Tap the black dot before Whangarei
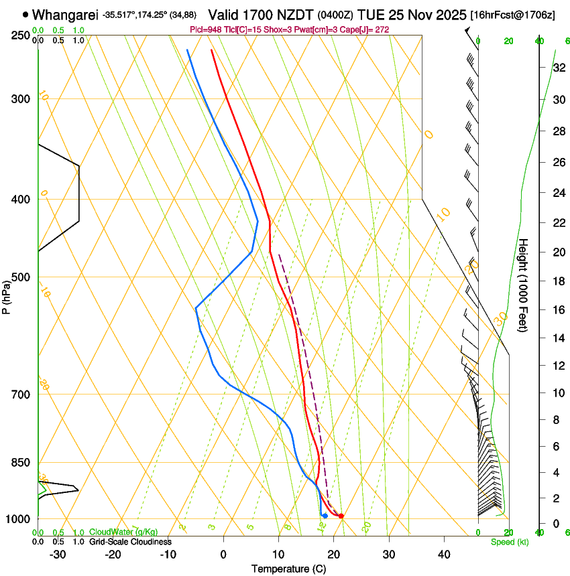tap(25, 14)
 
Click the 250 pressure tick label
tap(21, 35)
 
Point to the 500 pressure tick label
tap(21, 277)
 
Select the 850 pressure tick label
tap(21, 463)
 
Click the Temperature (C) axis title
tap(288, 569)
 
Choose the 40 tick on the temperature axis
tap(444, 555)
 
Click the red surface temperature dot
tap(341, 516)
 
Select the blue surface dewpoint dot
tap(325, 516)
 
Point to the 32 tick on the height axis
tap(547, 67)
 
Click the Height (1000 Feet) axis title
tap(524, 285)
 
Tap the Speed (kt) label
tap(510, 542)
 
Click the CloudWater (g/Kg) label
tap(123, 532)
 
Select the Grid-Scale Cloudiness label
tap(129, 541)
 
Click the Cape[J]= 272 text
tap(365, 30)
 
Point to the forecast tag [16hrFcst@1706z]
tap(512, 15)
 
